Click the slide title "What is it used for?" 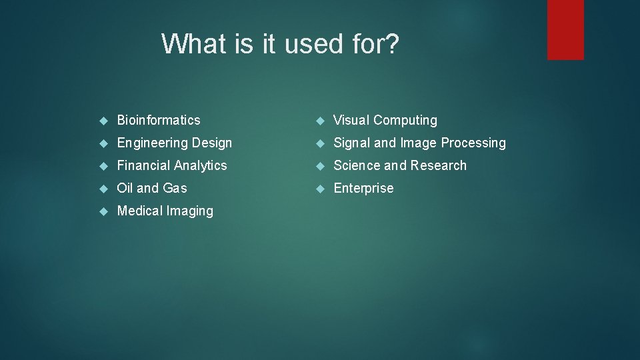[x=280, y=44]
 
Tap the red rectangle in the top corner [x=565, y=29]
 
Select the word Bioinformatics [x=159, y=120]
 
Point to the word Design [x=211, y=143]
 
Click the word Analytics [x=201, y=165]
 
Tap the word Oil [x=125, y=188]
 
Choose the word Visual [x=351, y=120]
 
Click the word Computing [x=405, y=121]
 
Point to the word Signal [x=352, y=143]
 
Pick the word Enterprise [x=363, y=188]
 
